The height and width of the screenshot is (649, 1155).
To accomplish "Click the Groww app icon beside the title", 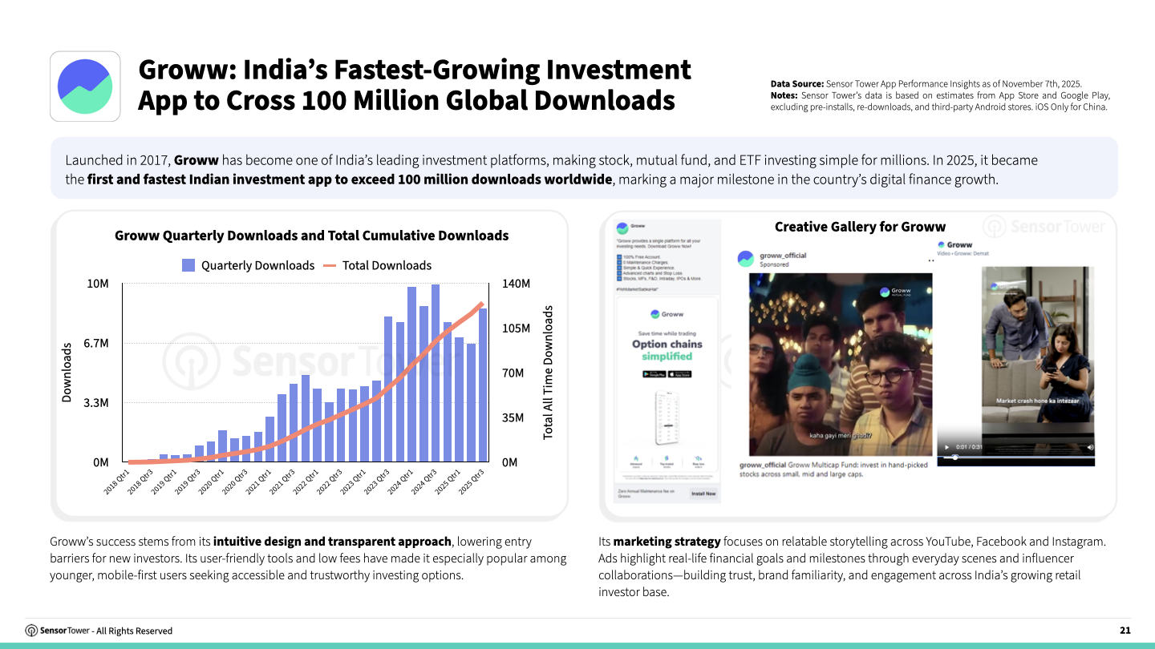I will click(85, 87).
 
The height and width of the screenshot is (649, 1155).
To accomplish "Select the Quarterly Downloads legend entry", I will click(249, 265).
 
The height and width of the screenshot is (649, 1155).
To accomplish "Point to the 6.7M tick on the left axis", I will click(95, 343).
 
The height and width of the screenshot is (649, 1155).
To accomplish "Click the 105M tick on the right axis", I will click(516, 329).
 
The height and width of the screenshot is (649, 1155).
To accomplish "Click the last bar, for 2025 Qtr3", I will click(483, 385).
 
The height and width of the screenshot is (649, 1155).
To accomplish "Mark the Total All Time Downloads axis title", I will click(549, 372).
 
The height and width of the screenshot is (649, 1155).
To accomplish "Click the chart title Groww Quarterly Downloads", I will click(311, 236).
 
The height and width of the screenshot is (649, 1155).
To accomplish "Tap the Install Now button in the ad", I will click(703, 494).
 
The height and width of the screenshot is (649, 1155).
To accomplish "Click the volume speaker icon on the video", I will click(1089, 446).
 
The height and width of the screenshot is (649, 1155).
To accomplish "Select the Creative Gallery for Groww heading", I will click(860, 227).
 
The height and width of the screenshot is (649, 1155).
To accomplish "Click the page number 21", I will click(1125, 631).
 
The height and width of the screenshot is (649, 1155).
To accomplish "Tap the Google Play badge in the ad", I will click(654, 374).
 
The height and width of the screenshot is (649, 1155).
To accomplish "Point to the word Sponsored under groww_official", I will click(774, 264).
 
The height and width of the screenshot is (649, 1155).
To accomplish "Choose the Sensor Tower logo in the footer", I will click(32, 631).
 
